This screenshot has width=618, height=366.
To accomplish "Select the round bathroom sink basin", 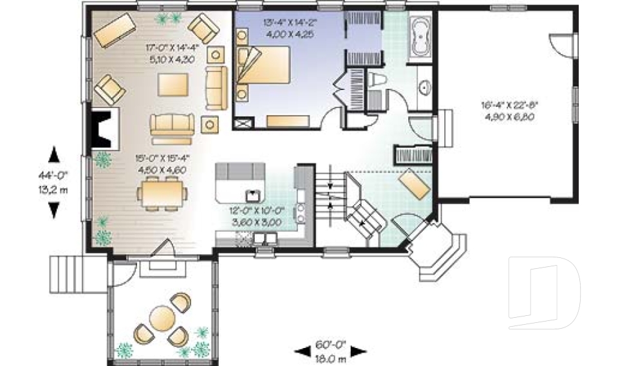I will [x=424, y=87].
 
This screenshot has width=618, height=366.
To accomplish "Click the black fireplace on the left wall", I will [x=101, y=127].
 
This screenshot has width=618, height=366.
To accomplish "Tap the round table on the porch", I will [x=160, y=317].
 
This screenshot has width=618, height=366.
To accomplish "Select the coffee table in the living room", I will [x=173, y=85].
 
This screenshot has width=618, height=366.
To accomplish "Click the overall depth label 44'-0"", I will [x=55, y=173].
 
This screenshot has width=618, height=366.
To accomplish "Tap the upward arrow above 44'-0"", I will [x=54, y=154].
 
